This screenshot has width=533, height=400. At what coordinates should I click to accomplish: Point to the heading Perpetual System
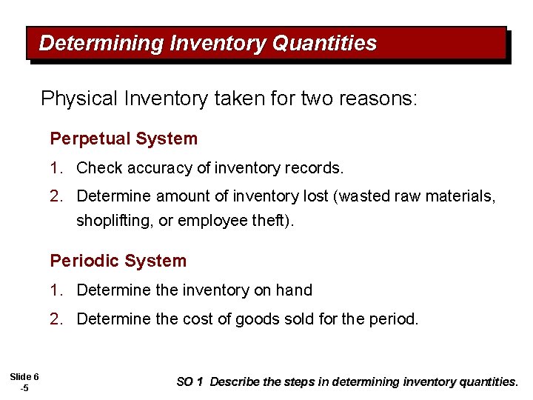(x=124, y=139)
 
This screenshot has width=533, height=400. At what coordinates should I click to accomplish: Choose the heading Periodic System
(x=118, y=261)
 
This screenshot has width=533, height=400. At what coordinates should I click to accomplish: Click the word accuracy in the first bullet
(x=160, y=168)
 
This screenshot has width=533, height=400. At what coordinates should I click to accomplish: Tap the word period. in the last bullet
(x=397, y=319)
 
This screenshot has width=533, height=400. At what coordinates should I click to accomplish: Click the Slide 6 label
(x=24, y=378)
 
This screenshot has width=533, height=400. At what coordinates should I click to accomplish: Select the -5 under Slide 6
(x=24, y=388)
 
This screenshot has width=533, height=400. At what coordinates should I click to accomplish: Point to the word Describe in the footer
(x=235, y=382)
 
